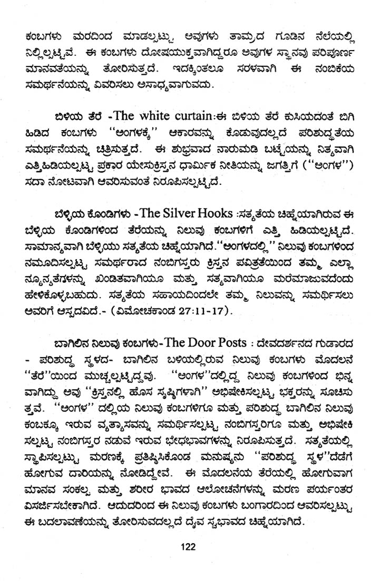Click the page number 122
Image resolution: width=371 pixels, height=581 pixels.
click(186, 547)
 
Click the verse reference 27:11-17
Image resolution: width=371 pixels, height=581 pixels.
click(201, 313)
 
